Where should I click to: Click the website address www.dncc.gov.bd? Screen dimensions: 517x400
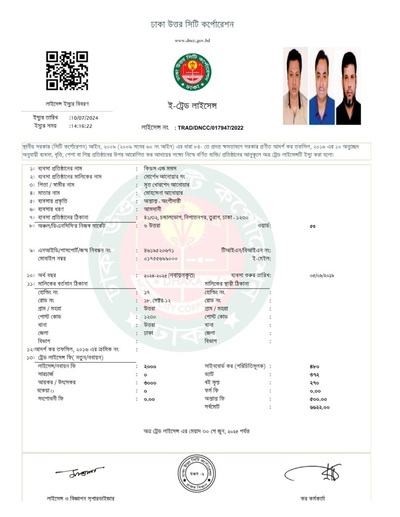coord(192,40)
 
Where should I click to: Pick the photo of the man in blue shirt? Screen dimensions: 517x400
coord(322,86)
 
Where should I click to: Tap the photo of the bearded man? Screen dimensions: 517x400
coord(348,86)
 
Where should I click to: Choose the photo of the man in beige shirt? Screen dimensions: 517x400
coord(295,86)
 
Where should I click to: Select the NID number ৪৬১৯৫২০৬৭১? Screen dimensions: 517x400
coord(159,250)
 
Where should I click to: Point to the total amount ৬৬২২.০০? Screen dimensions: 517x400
coord(319,407)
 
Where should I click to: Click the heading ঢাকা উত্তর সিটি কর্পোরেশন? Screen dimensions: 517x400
coord(192,24)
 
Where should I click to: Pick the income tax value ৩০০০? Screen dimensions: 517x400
coord(150,383)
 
